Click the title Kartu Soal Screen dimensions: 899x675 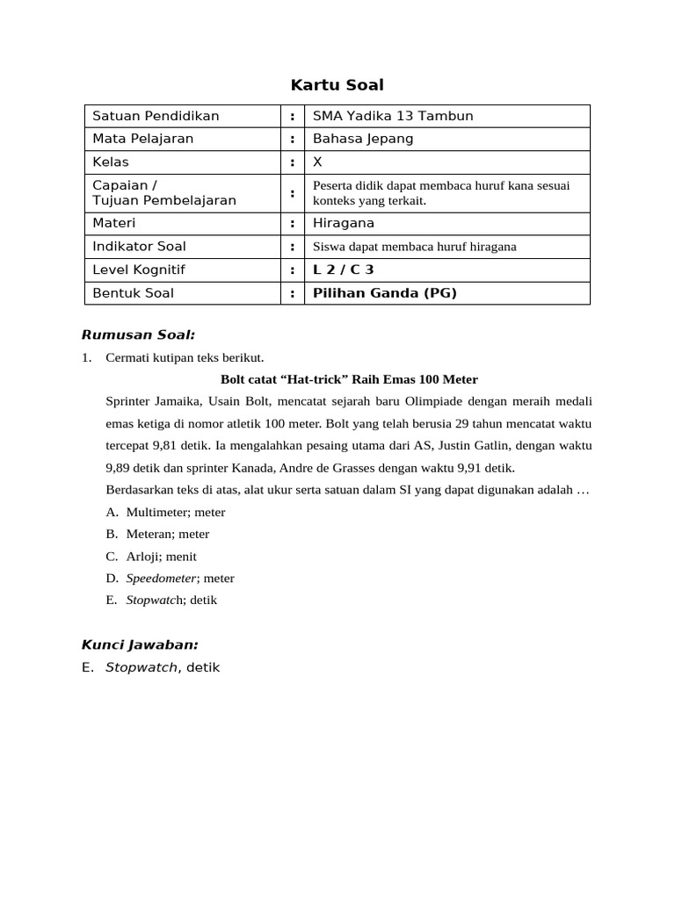pyautogui.click(x=337, y=85)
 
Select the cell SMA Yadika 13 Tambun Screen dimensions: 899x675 pyautogui.click(x=381, y=116)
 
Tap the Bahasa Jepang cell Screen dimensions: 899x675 pyautogui.click(x=363, y=139)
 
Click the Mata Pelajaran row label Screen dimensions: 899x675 pyautogui.click(x=143, y=139)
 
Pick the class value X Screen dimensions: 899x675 pyautogui.click(x=318, y=162)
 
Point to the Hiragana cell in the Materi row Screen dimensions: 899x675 pyautogui.click(x=344, y=223)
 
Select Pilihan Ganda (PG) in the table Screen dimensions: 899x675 pyautogui.click(x=385, y=293)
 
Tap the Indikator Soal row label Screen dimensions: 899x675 pyautogui.click(x=139, y=247)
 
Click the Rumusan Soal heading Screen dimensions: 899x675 pyautogui.click(x=138, y=334)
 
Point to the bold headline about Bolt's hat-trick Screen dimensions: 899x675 pyautogui.click(x=348, y=379)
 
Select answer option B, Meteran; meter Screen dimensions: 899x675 pyautogui.click(x=167, y=534)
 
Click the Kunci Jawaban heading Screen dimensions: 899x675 pyautogui.click(x=140, y=644)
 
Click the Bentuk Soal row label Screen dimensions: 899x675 pyautogui.click(x=133, y=293)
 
